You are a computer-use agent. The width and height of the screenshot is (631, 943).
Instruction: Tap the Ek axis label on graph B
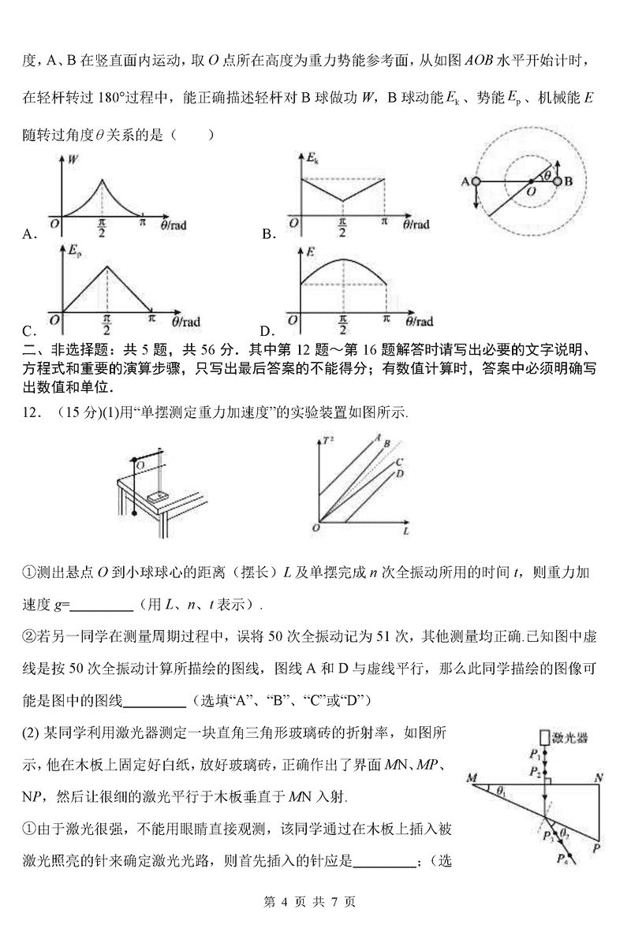coord(312,159)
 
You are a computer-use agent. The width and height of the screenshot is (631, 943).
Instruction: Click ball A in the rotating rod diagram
coord(476,181)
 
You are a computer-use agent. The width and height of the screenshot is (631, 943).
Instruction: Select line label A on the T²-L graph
coord(379,436)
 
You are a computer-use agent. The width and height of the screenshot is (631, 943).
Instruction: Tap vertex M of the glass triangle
coord(472,779)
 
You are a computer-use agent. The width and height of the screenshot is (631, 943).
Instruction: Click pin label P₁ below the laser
coord(535,753)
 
